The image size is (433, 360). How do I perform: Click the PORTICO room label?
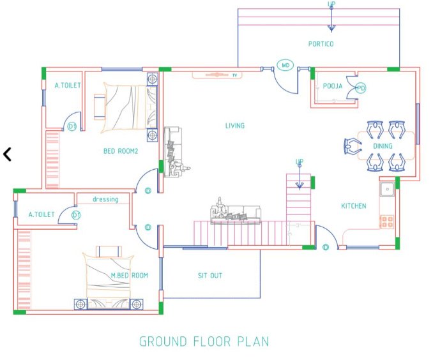[x=321, y=44]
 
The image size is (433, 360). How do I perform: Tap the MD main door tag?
[x=285, y=66]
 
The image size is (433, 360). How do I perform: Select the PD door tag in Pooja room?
[x=361, y=88]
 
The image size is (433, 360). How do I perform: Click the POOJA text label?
[x=333, y=86]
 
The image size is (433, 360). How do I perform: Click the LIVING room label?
[x=234, y=126]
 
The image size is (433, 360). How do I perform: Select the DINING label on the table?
[x=383, y=146]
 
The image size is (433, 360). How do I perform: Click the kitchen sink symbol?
[x=387, y=189]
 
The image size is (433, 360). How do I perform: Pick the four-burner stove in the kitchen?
[x=387, y=222]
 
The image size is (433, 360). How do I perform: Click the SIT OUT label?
[x=209, y=276]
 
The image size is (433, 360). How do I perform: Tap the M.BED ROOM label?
[x=130, y=276]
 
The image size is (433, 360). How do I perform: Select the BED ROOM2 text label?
[x=121, y=151]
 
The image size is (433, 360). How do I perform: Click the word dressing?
[x=105, y=199]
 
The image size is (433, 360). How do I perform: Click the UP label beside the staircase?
[x=299, y=162]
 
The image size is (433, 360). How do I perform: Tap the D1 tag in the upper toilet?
[x=72, y=127]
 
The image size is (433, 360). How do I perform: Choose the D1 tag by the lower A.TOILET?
[x=76, y=215]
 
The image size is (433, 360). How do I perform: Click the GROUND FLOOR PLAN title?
[x=204, y=341]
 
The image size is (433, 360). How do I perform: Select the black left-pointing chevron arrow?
[x=8, y=154]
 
